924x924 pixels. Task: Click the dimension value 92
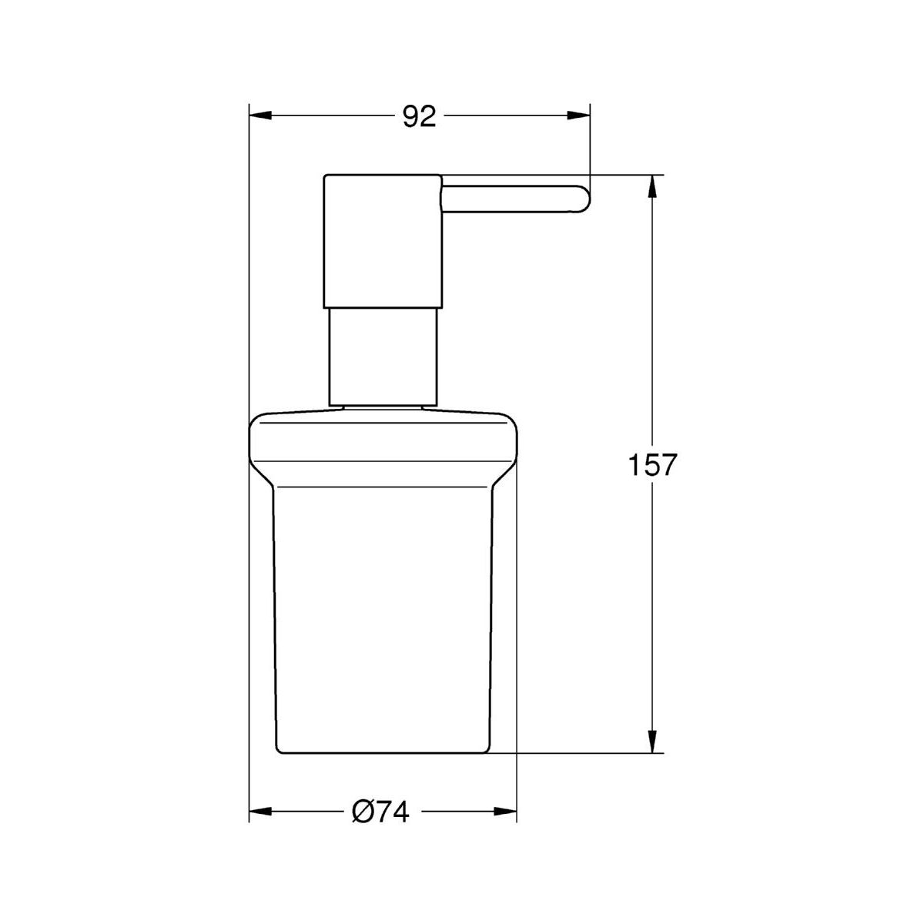[x=420, y=116]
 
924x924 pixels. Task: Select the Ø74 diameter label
[x=380, y=812]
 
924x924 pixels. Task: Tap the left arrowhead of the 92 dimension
[x=260, y=115]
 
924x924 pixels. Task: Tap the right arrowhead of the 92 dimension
[x=578, y=115]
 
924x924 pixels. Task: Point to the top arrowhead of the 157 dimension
[x=651, y=186]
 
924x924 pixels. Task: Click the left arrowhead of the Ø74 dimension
[x=260, y=812]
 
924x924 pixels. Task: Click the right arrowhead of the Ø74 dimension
[x=505, y=812]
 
